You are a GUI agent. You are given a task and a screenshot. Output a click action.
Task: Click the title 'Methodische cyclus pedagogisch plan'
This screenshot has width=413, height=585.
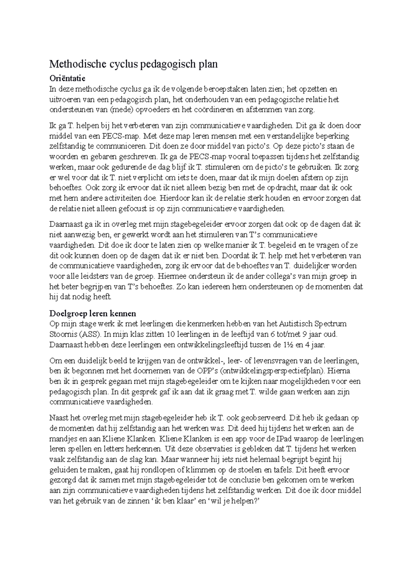(134, 64)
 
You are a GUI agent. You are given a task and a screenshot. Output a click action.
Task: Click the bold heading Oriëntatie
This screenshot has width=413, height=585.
(67, 79)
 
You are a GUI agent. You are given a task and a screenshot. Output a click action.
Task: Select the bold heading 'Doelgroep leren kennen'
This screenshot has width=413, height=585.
(93, 314)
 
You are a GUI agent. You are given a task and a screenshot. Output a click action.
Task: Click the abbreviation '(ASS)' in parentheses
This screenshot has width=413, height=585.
(89, 334)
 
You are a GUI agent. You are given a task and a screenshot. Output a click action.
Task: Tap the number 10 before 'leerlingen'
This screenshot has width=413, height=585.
(171, 334)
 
